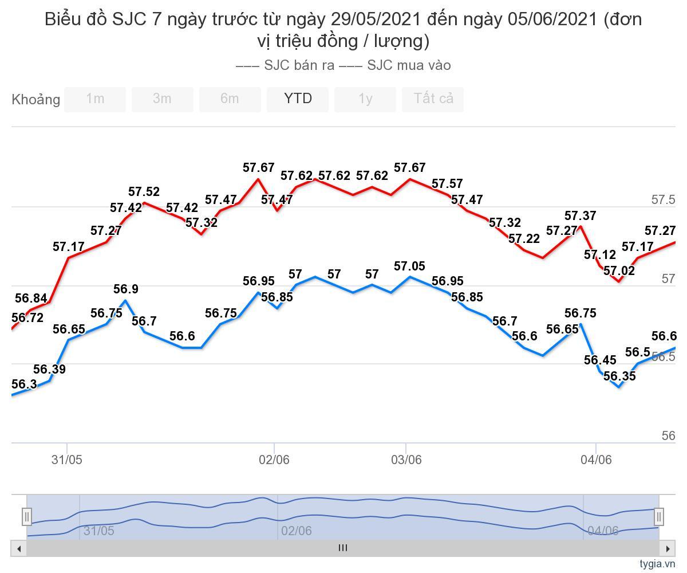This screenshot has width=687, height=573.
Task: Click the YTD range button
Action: point(298,99)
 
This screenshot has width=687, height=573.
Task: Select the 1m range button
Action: point(95,99)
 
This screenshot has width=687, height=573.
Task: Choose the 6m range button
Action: point(230,99)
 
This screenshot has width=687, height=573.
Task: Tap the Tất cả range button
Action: point(433,99)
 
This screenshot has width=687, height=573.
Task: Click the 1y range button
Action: point(365,99)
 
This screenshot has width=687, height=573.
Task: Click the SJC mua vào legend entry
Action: point(395,65)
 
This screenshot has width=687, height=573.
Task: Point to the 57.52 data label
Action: point(144,192)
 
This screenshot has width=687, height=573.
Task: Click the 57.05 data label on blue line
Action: point(410,266)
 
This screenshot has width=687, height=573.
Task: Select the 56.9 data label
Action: point(125,289)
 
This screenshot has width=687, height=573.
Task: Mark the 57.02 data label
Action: point(619,271)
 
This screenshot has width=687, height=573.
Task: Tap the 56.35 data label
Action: point(619,376)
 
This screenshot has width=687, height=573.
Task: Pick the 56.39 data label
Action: point(49,370)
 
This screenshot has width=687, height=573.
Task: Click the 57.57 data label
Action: point(447,184)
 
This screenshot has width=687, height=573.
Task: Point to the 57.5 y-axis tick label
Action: point(663,200)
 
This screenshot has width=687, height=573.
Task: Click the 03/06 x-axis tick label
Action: point(406,460)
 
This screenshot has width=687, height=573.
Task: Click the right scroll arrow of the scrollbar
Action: point(668,548)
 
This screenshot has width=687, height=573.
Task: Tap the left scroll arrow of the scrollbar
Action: point(19,548)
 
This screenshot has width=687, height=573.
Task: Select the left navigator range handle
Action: point(26,517)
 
